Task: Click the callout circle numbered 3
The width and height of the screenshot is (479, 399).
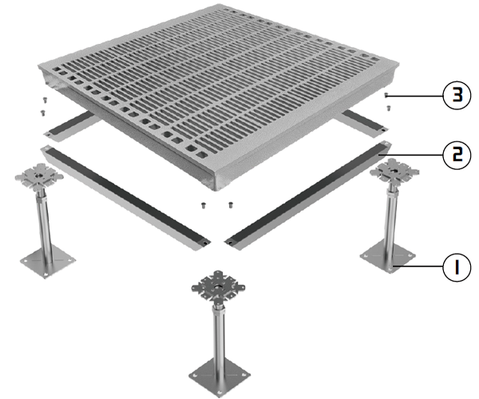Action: point(457,96)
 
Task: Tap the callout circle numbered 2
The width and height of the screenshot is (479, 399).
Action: point(457,155)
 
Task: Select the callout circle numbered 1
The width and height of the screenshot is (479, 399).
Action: point(457,267)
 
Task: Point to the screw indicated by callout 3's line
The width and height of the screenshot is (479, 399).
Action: point(386,95)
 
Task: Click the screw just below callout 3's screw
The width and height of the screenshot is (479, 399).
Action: point(389,108)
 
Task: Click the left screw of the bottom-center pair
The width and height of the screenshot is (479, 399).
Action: point(203,205)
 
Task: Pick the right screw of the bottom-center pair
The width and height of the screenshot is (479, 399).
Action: point(231,205)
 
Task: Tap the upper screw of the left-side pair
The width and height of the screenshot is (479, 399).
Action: point(45,100)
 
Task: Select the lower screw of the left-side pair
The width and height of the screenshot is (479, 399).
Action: point(43,113)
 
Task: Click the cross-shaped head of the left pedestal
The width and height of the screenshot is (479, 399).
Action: point(39,176)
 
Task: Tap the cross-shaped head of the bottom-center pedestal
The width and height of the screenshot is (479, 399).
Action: point(218,288)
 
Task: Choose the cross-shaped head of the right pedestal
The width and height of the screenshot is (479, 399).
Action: point(394,172)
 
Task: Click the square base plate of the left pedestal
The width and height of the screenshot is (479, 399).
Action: point(48,261)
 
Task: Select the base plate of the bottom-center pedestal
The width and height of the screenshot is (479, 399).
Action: point(220,377)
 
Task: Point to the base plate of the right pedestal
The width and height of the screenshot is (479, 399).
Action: point(388,256)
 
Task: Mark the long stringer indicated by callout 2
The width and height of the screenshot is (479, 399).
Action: point(307,196)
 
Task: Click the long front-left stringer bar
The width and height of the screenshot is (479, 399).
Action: point(125,198)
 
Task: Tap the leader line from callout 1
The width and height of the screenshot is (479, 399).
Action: point(418,267)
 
